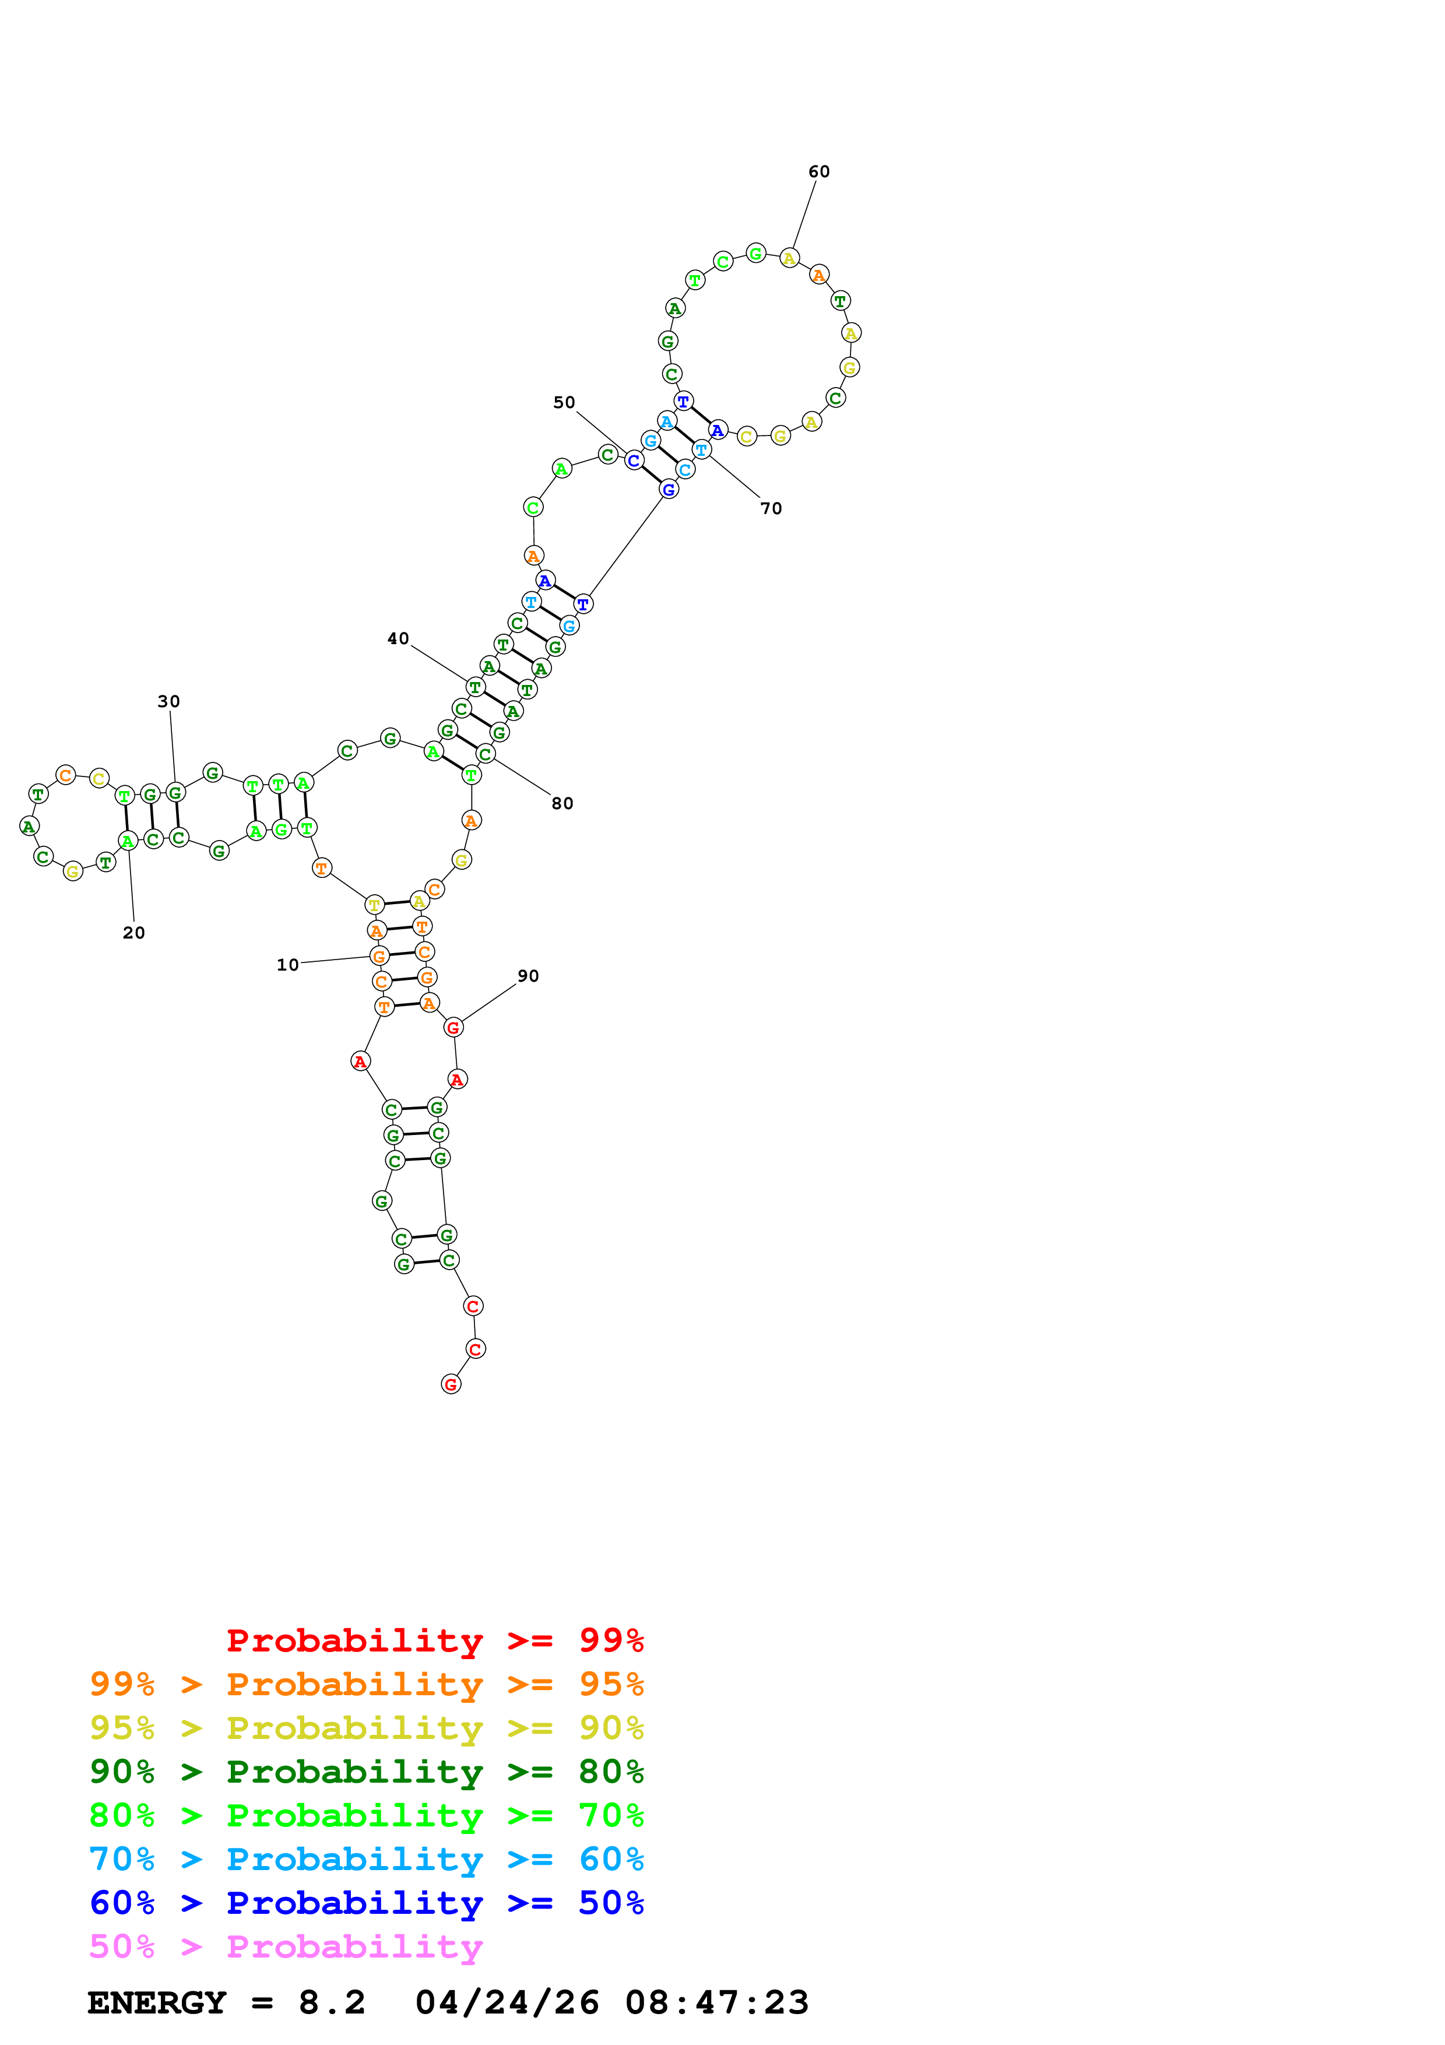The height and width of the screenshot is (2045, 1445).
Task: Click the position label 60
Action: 818,172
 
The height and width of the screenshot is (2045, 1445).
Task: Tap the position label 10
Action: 287,965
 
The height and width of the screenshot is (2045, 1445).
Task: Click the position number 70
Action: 771,508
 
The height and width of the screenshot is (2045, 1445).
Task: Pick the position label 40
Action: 398,638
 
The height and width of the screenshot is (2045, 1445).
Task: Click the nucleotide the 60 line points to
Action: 789,258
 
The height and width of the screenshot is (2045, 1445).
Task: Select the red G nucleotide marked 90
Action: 453,1027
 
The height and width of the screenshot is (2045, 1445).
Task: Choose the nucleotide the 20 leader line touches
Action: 128,841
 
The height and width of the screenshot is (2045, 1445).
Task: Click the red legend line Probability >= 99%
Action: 434,1640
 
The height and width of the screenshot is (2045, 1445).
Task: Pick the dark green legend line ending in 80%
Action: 366,1772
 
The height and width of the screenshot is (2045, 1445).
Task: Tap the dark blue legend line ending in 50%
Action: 366,1903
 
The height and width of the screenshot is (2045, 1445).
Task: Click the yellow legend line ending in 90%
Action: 366,1728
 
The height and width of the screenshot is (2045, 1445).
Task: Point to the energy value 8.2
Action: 331,2003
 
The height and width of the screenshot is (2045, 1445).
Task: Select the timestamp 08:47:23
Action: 717,2003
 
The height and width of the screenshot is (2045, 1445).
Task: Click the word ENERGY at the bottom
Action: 157,2003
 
